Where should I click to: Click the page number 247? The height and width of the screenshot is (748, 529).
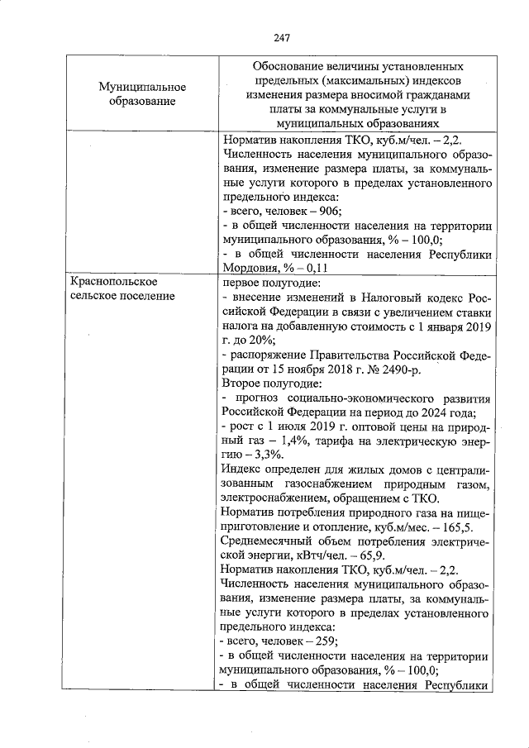tap(280, 36)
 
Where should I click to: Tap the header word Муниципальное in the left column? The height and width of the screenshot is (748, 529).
tap(142, 87)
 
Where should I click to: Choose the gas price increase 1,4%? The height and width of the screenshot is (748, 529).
tap(293, 441)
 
